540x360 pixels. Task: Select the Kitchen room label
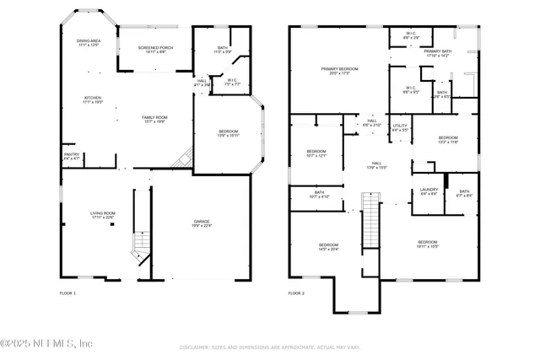[x=92, y=99]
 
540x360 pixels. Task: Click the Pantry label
[x=71, y=156]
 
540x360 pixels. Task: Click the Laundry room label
[x=429, y=191]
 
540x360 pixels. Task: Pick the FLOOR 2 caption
[x=296, y=293]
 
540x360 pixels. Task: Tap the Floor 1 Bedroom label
[x=228, y=133]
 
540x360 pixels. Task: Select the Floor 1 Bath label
[x=223, y=50]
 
